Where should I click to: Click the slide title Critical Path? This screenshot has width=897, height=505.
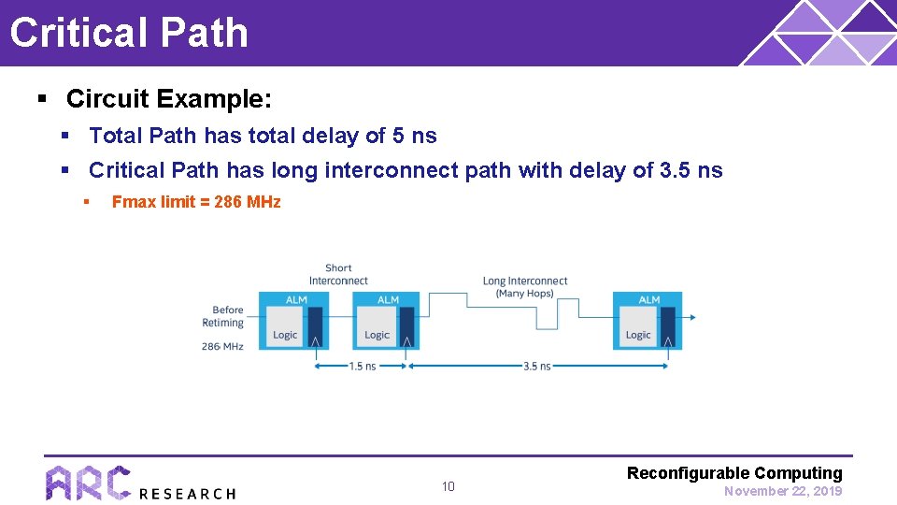129,32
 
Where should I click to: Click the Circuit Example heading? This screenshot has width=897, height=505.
169,98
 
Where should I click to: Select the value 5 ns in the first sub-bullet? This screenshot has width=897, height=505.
414,136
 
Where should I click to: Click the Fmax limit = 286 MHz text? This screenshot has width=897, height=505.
196,202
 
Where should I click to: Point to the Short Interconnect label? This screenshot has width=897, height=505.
338,274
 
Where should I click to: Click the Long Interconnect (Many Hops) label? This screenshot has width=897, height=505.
524,286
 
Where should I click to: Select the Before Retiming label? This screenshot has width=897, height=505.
223,316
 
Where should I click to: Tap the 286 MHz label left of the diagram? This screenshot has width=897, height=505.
222,346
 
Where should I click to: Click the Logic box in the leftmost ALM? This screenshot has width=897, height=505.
285,335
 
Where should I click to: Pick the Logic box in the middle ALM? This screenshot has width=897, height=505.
377,335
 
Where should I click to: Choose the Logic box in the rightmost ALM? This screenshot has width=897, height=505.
638,335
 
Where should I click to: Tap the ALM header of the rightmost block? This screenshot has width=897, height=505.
648,299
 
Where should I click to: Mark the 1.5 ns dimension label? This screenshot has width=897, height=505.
362,367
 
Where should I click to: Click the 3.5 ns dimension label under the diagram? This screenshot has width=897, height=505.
537,367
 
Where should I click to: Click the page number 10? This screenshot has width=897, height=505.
448,486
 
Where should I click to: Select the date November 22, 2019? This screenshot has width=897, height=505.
783,491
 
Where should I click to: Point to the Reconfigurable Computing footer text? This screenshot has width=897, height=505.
734,473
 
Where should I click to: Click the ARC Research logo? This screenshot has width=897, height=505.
140,483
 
